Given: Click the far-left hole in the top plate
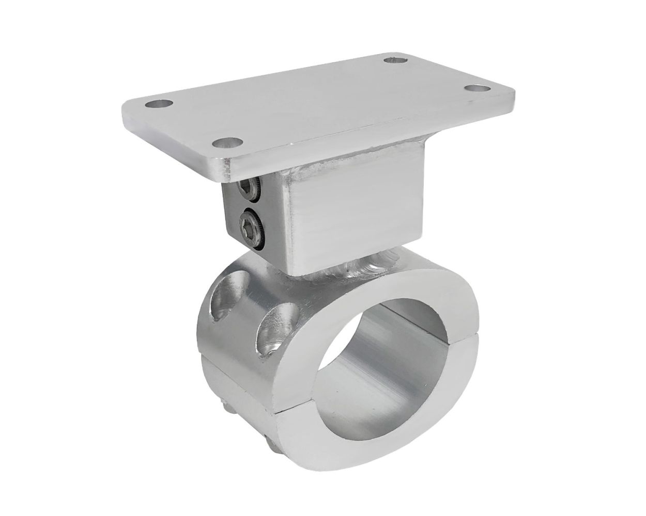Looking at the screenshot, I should click(159, 104).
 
